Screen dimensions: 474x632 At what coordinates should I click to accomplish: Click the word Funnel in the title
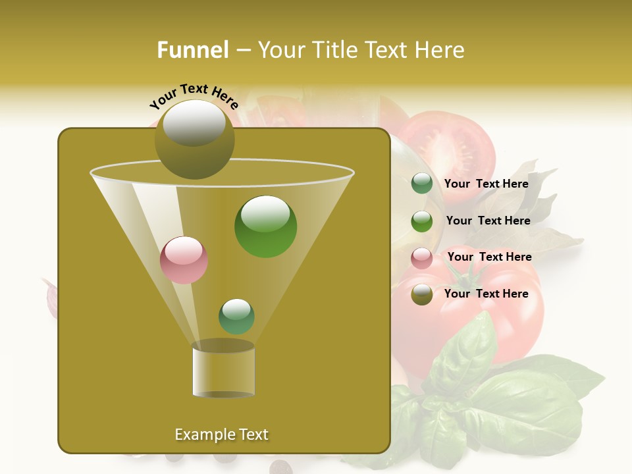[x=193, y=50]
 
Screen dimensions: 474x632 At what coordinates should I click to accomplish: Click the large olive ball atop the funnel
[x=194, y=139]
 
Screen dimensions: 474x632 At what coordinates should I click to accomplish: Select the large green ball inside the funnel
[x=265, y=226]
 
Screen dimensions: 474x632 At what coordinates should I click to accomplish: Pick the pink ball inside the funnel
[x=184, y=260]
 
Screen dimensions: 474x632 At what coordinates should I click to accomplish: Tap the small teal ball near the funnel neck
[x=236, y=316]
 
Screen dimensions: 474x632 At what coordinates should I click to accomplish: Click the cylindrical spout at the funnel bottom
[x=223, y=371]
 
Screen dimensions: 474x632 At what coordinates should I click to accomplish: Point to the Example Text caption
[x=222, y=434]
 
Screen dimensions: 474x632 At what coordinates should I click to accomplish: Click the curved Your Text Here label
[x=194, y=96]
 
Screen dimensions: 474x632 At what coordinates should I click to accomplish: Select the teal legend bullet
[x=422, y=184]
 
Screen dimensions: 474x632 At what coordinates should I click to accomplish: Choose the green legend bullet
[x=422, y=221]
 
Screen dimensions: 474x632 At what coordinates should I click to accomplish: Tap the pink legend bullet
[x=422, y=257]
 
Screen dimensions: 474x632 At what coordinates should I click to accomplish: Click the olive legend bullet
[x=422, y=294]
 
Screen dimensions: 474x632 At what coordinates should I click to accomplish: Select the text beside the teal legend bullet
[x=486, y=184]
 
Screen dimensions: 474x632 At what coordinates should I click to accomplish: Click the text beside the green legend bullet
[x=488, y=221]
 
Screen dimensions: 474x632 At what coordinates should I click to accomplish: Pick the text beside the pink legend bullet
[x=489, y=257]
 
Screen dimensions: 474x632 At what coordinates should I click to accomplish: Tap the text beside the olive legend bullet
[x=486, y=294]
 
